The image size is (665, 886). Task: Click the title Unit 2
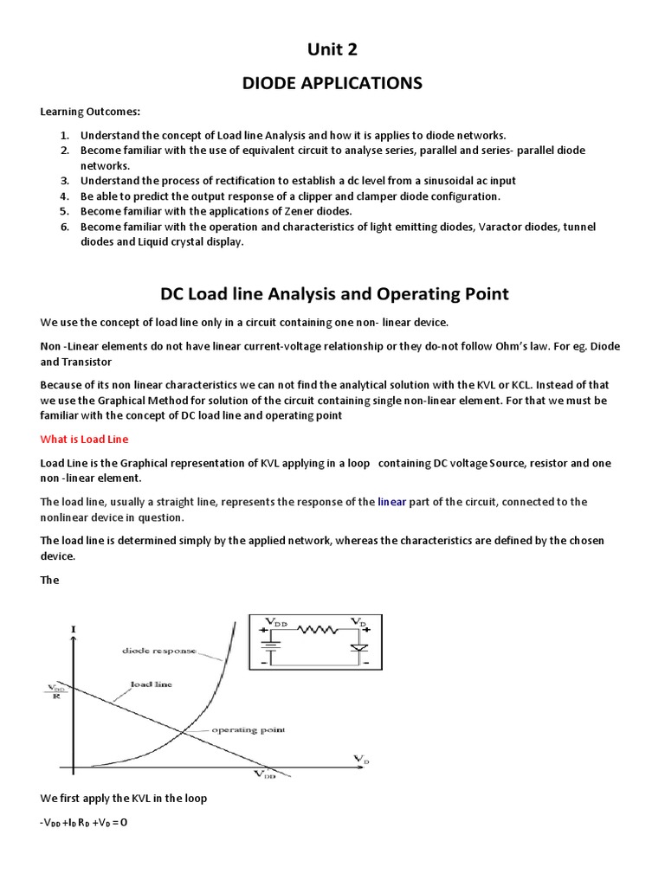(x=332, y=49)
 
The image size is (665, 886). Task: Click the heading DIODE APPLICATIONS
(x=332, y=83)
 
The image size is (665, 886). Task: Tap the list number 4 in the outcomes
(x=64, y=196)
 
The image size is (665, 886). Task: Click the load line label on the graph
(x=151, y=684)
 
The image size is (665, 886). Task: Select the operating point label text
(x=248, y=730)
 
